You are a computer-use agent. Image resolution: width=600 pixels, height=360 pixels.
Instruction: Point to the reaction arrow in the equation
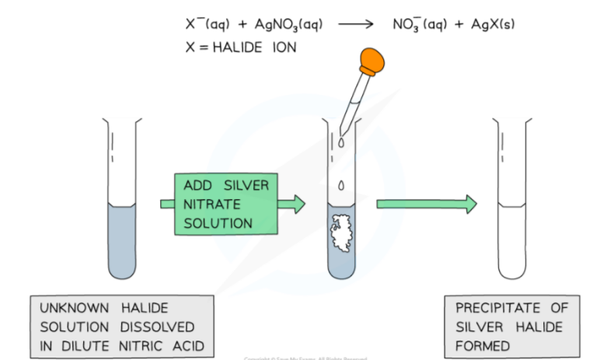point(357,24)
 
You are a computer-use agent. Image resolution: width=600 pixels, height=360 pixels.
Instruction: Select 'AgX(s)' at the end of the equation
point(489,25)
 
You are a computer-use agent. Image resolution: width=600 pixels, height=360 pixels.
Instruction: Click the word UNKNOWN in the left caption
point(70,308)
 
